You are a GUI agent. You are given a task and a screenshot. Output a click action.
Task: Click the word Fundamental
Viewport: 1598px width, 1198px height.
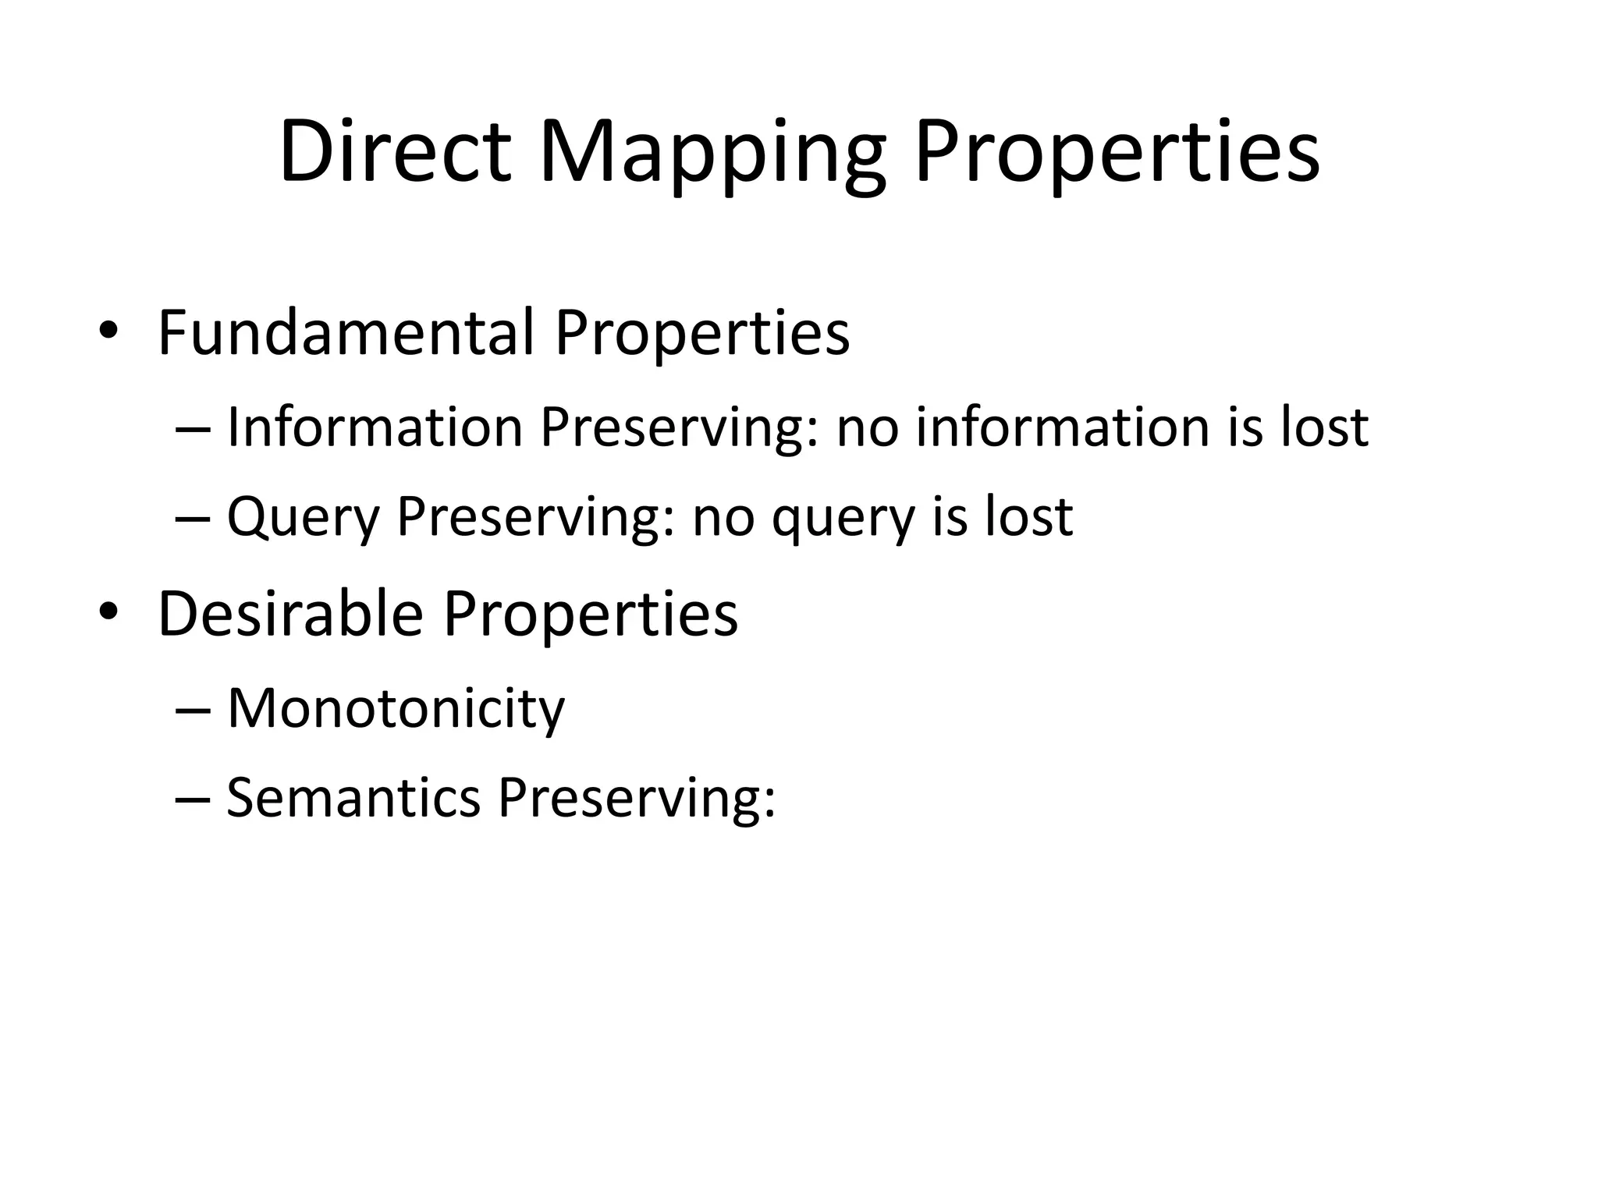click(346, 333)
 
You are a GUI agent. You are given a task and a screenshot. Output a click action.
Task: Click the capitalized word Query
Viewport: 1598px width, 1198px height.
click(303, 518)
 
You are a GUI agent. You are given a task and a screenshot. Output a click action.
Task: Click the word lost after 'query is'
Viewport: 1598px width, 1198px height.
click(1029, 516)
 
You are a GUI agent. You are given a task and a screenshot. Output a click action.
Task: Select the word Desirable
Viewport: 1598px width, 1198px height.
click(290, 614)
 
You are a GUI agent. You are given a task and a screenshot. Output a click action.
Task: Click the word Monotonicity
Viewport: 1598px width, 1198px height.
click(396, 710)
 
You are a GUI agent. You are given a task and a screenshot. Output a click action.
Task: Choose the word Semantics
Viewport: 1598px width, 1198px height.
click(353, 799)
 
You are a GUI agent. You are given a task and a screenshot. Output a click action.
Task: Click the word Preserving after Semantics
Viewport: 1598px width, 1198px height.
click(637, 800)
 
